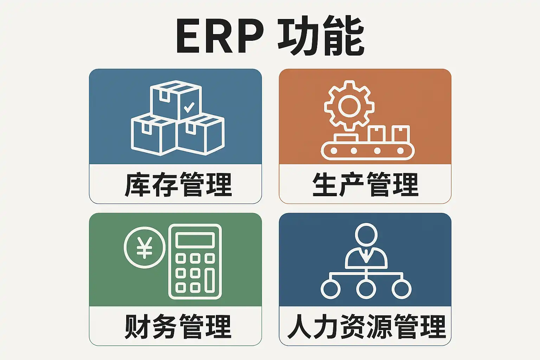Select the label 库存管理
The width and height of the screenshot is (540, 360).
coord(178,184)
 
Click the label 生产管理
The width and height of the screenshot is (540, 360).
coord(365,184)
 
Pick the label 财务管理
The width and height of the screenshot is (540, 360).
coord(178,327)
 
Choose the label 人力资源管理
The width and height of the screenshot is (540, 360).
coord(366,327)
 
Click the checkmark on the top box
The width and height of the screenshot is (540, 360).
coord(189,107)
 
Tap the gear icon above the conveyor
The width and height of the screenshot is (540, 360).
coord(349,105)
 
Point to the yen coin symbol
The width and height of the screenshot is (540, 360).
coord(144,247)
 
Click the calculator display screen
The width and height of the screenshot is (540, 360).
coord(195,240)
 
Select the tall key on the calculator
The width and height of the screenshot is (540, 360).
coord(210,280)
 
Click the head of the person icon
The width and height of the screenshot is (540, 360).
coord(366,234)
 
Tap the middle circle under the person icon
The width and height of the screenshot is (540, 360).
coord(366,289)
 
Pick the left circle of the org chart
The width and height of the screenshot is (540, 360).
coord(330,289)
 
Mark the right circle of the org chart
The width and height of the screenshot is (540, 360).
coord(401,289)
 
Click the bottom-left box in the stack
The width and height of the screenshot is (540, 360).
coord(153,135)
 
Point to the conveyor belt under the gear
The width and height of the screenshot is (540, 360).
coord(367,151)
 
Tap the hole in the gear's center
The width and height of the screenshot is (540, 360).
coord(349,105)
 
